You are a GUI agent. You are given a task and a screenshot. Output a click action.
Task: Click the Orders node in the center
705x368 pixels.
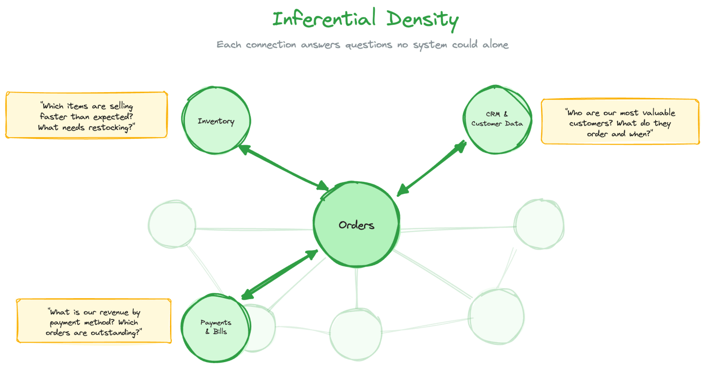point(356,225)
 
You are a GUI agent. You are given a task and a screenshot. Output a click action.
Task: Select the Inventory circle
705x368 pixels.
point(216,121)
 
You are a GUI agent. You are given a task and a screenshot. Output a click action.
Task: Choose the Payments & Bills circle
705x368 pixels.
point(215,327)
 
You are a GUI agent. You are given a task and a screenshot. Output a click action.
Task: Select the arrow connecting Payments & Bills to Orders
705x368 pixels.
point(279,275)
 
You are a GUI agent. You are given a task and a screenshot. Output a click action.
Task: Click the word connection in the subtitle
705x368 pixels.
point(271,45)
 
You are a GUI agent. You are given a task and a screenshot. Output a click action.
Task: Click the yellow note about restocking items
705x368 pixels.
point(87,115)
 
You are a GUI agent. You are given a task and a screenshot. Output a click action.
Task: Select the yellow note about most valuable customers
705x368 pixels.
point(620,122)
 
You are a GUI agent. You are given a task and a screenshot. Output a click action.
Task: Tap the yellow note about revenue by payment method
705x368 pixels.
point(94,321)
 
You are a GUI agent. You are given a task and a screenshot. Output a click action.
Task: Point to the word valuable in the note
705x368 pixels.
point(656,113)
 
